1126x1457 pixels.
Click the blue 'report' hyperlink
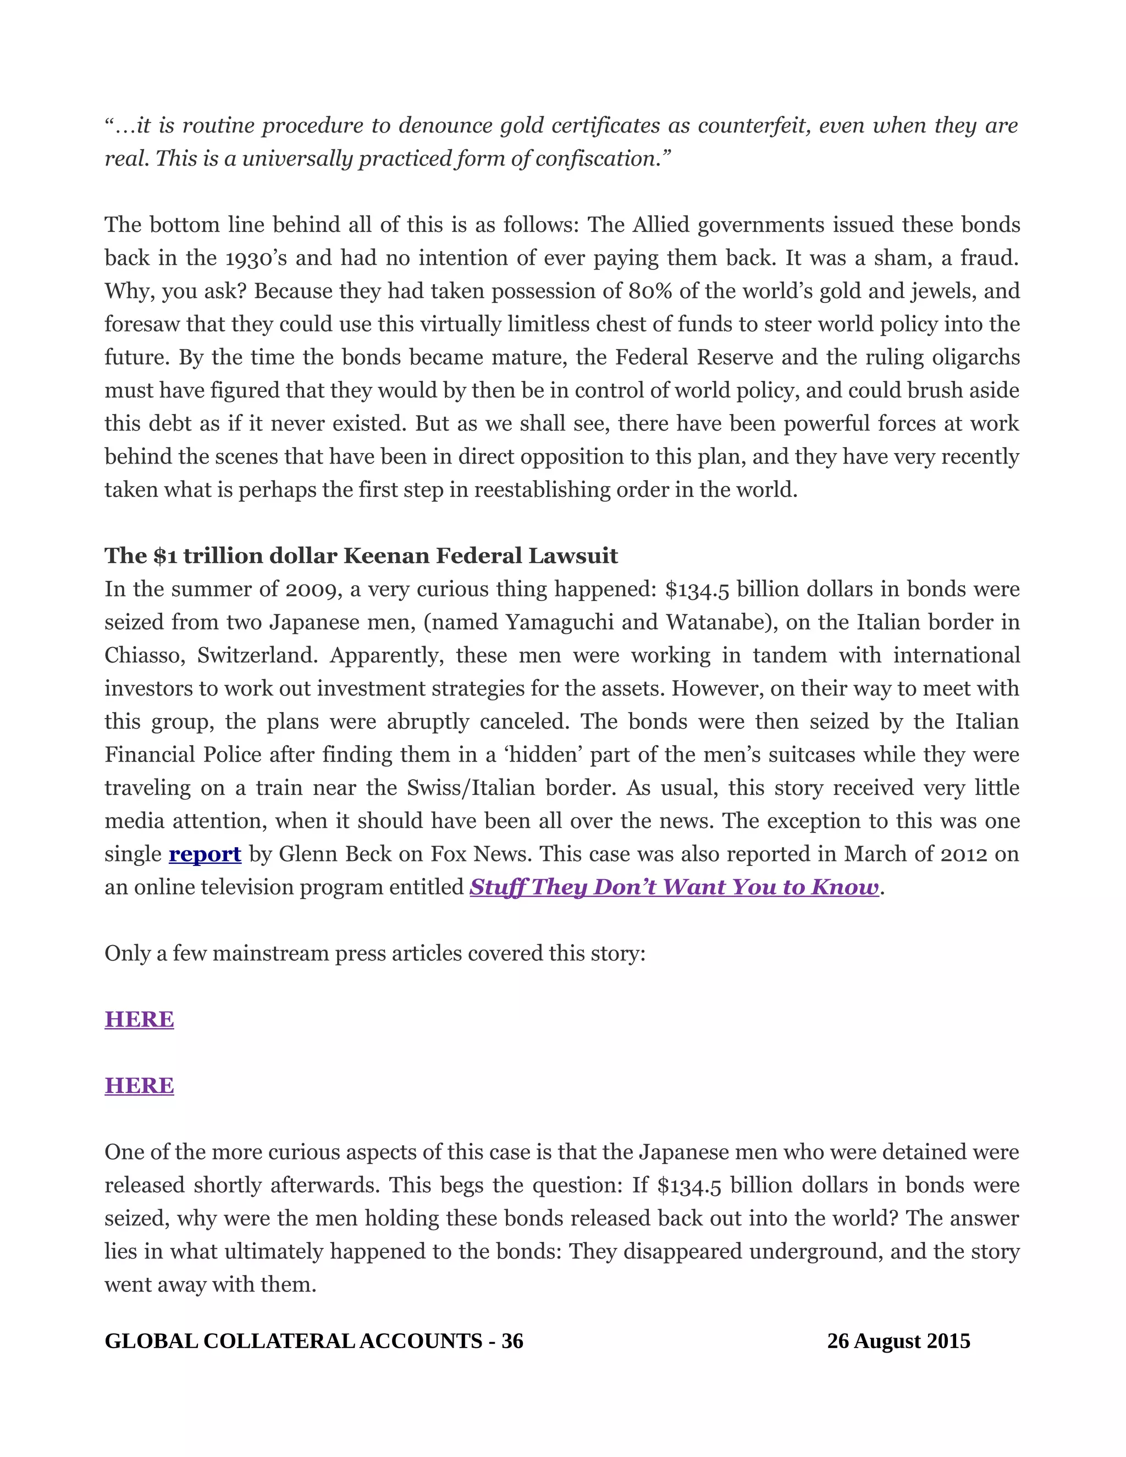(x=205, y=854)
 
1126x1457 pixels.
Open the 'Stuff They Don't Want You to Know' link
(x=674, y=887)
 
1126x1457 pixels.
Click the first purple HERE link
(x=140, y=1019)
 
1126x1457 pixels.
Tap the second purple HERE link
(x=140, y=1085)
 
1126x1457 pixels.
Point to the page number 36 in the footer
(x=512, y=1341)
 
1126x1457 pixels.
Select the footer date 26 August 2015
(x=898, y=1341)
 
